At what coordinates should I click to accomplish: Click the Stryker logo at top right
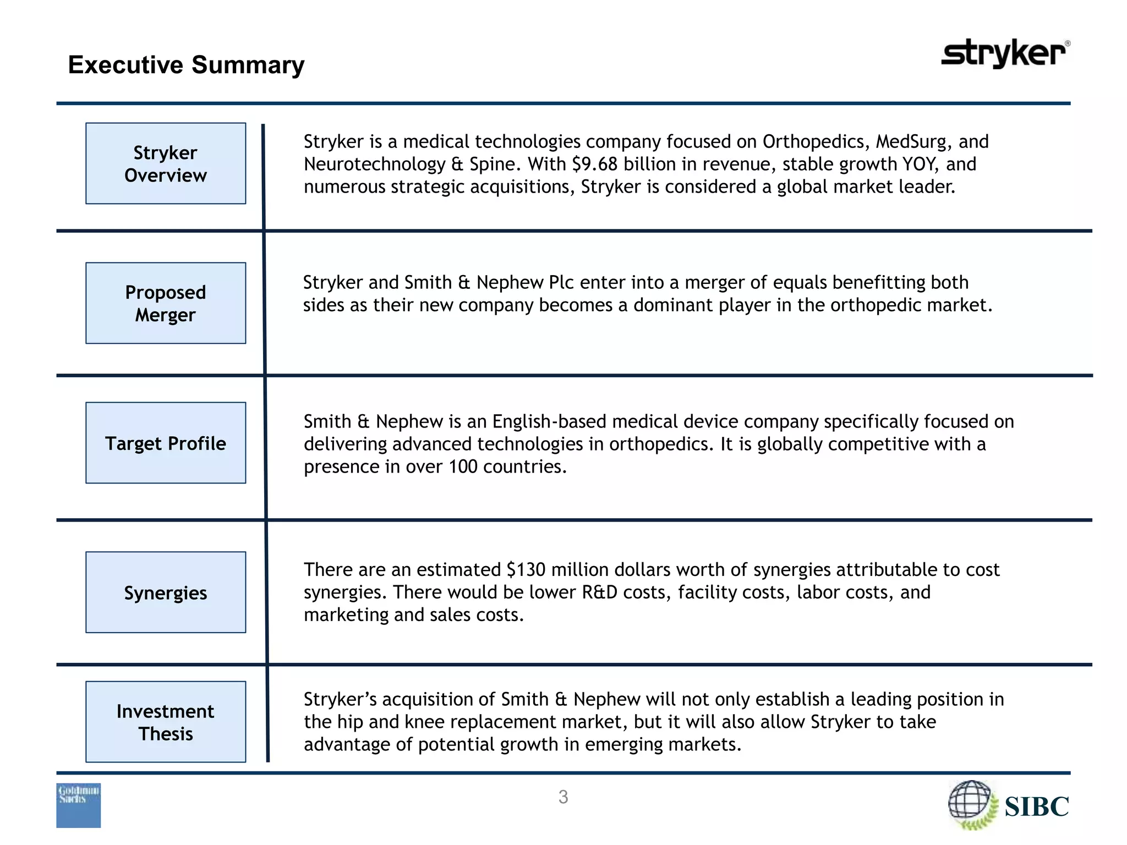tap(1005, 53)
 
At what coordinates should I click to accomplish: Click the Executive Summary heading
tap(186, 65)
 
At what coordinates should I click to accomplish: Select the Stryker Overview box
tap(166, 163)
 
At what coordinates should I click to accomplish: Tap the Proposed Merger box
tap(166, 303)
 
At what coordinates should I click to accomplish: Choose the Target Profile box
tap(166, 443)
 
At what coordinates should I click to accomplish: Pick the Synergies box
tap(166, 592)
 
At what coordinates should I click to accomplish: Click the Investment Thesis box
tap(166, 722)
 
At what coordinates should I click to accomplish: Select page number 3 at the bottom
tap(563, 797)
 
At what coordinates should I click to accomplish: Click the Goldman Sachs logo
tap(79, 805)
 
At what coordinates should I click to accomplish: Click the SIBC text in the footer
tap(1036, 806)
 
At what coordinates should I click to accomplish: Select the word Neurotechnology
tap(375, 164)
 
